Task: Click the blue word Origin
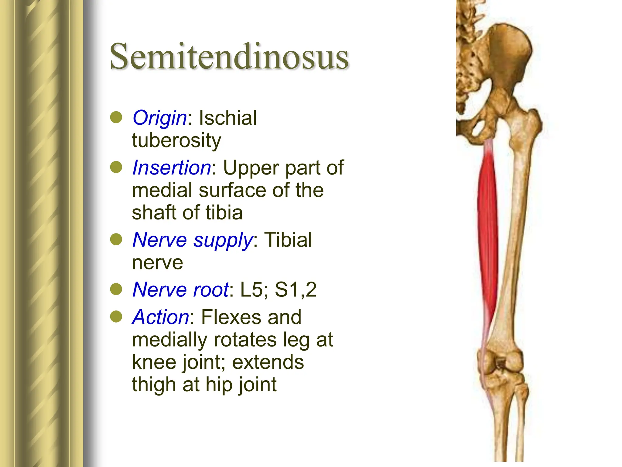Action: [x=159, y=118]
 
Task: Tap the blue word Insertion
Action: [x=172, y=168]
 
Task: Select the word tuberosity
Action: [x=176, y=140]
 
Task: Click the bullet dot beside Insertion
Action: [x=116, y=168]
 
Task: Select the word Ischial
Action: [x=228, y=118]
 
